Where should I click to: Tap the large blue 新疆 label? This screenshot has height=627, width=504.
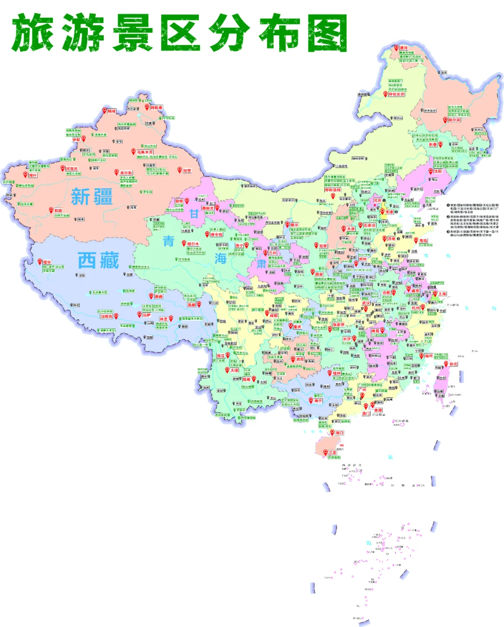[x=91, y=197]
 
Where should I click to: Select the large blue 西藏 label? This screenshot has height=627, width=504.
[x=98, y=260]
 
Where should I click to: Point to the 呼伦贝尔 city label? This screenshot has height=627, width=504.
[x=397, y=94]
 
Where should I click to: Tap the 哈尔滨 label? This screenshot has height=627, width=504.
[x=454, y=120]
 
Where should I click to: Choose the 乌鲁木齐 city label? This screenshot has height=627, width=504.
[x=145, y=152]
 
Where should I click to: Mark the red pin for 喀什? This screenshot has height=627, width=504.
[x=26, y=175]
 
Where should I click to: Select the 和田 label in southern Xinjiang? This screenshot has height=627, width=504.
[x=58, y=211]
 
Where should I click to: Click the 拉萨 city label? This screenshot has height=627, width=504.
[x=147, y=315]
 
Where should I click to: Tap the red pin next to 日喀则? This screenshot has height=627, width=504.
[x=116, y=316]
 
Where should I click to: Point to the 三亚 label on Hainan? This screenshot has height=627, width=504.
[x=332, y=452]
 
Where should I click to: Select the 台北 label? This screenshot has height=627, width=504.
[x=453, y=364]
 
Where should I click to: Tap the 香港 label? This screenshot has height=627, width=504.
[x=378, y=410]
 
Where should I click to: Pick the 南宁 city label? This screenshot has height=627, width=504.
[x=318, y=401]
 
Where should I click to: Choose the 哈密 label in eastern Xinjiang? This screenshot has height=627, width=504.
[x=187, y=171]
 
